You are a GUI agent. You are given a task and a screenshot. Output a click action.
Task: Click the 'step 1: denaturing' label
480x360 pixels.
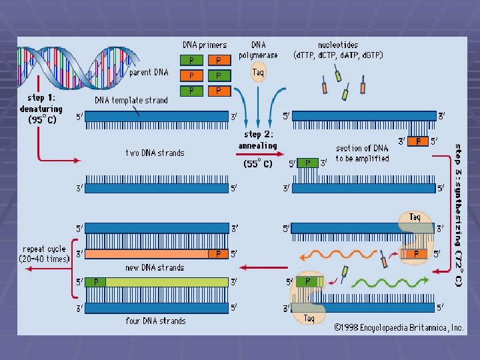41,103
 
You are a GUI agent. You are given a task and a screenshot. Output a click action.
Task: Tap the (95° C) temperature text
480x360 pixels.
42,120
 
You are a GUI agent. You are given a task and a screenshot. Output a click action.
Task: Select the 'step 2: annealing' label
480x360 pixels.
258,140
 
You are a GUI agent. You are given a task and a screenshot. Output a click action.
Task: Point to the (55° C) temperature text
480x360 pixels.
257,163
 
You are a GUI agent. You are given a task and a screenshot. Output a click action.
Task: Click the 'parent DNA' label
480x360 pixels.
149,72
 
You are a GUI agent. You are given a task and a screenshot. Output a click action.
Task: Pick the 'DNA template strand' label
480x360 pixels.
131,100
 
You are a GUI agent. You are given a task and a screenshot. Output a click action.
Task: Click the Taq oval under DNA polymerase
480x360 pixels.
258,71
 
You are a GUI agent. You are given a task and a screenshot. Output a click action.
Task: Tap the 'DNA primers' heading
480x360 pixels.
205,45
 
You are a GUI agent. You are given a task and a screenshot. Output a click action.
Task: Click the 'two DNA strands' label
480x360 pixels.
155,153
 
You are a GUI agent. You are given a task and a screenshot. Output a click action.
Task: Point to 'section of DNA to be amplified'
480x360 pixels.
362,153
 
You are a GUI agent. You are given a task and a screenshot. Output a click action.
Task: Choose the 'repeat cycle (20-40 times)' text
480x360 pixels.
44,253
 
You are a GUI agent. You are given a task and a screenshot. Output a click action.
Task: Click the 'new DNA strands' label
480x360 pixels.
155,267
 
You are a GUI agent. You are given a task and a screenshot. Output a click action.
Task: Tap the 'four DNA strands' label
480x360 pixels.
155,321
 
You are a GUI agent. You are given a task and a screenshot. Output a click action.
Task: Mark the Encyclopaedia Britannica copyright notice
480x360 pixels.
399,327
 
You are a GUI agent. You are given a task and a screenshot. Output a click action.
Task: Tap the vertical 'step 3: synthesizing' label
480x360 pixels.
458,213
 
